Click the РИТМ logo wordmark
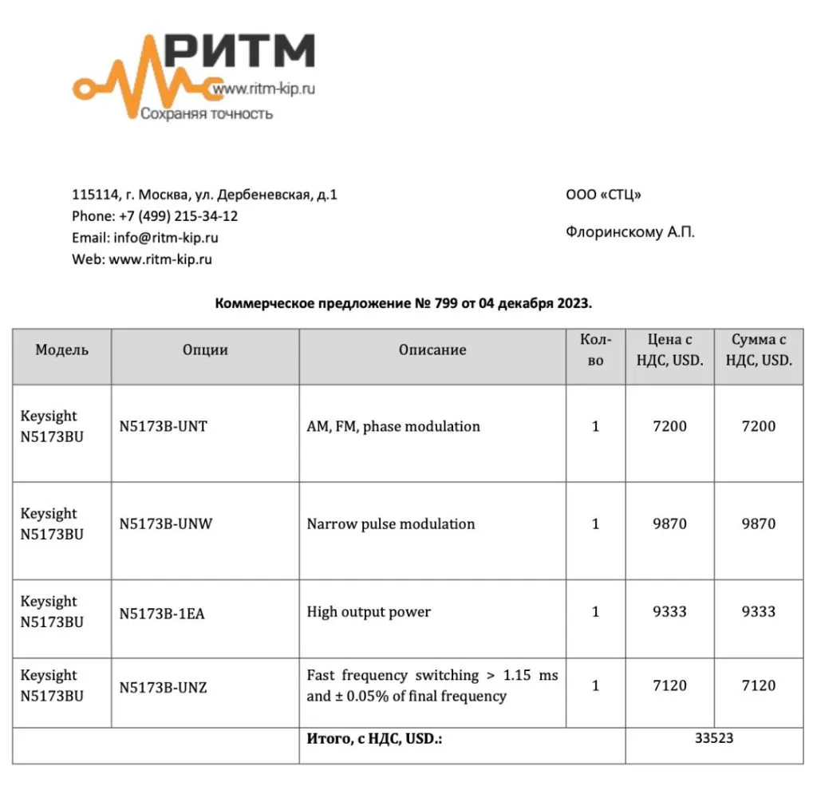coord(239,52)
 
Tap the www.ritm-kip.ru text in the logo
coord(262,90)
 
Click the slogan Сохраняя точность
coord(207,114)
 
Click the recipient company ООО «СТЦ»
coord(603,195)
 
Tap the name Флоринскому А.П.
coord(630,233)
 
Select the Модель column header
coord(62,350)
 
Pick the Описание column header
coord(432,350)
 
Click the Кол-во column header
coord(596,350)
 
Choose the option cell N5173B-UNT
coord(163,427)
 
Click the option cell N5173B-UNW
coord(166,524)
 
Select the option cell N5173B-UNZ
coord(163,686)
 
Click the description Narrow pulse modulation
coord(391,524)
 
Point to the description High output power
coord(369,613)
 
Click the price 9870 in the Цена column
coord(669,524)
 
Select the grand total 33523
coord(714,739)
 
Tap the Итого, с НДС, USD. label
coord(374,739)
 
